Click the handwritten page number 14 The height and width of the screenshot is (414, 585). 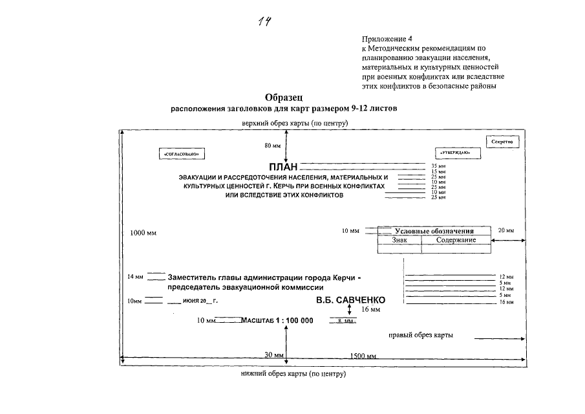(264, 22)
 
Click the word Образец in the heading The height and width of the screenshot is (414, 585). (285, 97)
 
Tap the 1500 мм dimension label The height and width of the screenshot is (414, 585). (363, 356)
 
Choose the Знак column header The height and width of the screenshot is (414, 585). (400, 240)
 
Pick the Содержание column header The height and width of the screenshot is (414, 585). (456, 240)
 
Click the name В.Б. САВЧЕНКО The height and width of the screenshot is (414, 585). (350, 300)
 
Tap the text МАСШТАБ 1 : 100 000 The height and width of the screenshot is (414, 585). (276, 320)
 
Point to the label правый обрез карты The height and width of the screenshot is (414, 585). (420, 335)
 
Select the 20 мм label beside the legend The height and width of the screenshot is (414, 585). (505, 230)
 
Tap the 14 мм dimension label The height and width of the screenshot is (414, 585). (135, 277)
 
